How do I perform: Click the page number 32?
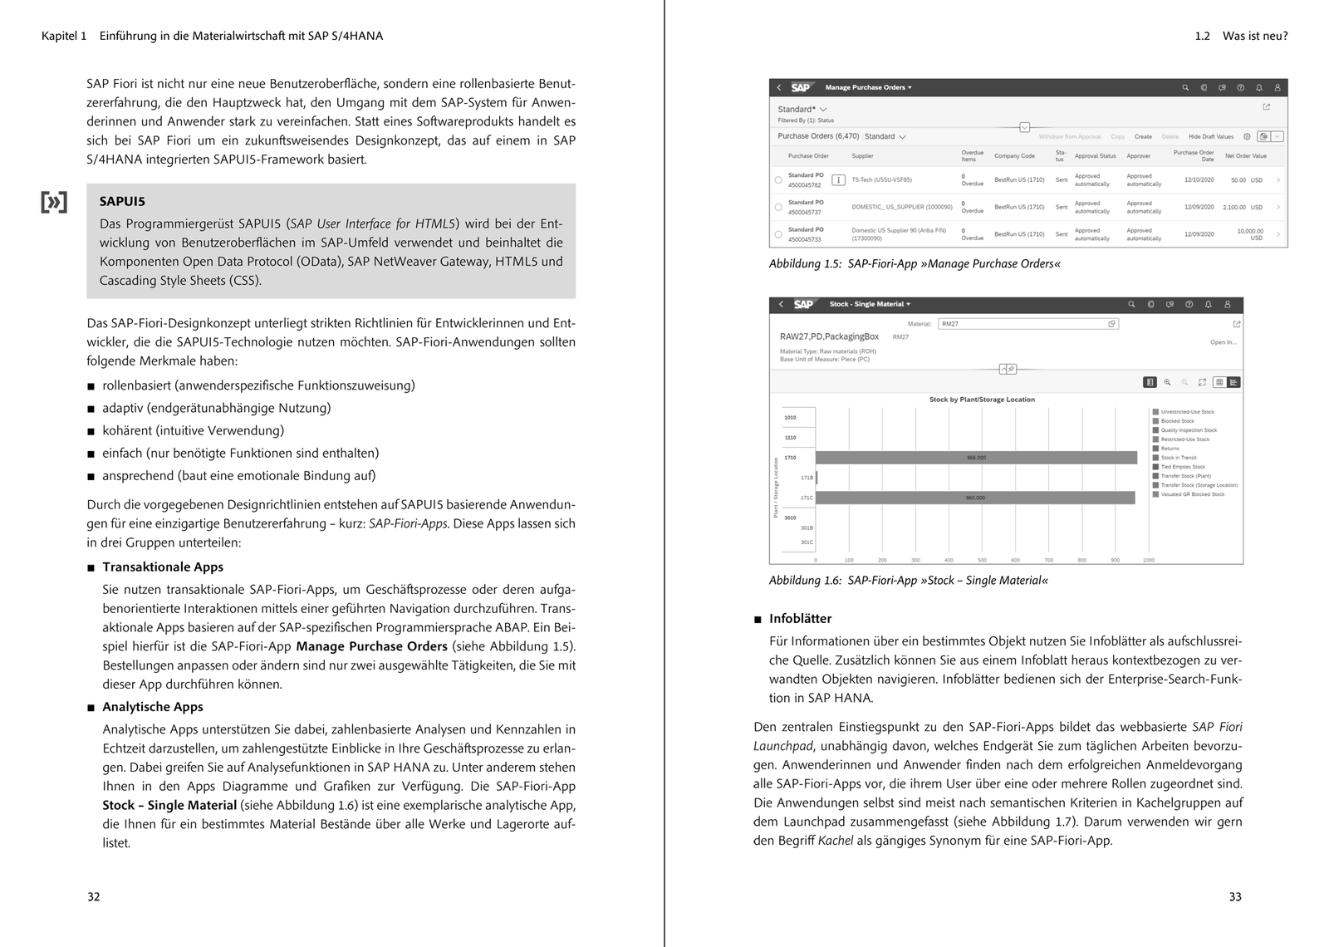coord(94,896)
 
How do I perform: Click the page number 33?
coord(1235,896)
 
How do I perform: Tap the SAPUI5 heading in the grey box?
coord(122,201)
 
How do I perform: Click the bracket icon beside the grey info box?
coord(54,202)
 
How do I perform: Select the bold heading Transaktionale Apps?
coord(163,567)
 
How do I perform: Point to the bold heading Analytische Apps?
coord(153,707)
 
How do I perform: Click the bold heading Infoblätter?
coord(800,619)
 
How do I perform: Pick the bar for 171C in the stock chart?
coord(974,498)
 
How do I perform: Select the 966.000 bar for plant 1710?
coord(976,458)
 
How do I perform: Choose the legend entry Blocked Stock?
coord(1177,421)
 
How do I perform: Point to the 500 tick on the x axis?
coord(982,560)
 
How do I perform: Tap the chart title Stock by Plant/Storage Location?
coord(982,400)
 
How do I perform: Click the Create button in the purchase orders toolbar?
coord(1143,136)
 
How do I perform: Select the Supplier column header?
coord(862,156)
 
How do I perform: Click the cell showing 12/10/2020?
coord(1199,180)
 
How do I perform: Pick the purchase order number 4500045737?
coord(805,212)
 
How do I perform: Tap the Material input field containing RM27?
coord(1027,324)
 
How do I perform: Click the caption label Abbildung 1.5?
coord(805,264)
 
